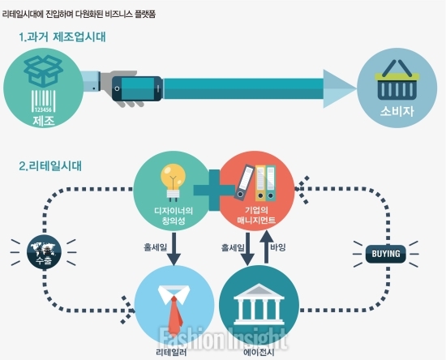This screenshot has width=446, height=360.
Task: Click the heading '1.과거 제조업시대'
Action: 62,37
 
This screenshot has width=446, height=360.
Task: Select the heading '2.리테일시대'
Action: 50,165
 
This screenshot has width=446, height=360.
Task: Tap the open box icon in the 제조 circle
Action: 43,71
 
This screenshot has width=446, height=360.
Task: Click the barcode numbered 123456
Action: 43,101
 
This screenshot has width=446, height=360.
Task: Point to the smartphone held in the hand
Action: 137,88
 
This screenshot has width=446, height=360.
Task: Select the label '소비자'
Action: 397,111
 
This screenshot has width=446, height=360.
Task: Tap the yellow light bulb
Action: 173,182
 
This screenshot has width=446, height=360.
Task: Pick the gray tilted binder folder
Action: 244,182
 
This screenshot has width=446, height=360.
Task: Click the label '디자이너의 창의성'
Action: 174,216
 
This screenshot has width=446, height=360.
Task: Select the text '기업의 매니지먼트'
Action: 256,215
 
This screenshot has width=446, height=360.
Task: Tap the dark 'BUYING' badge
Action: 386,254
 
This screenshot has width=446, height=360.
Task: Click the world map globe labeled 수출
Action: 44,252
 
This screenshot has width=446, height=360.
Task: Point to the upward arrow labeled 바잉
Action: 266,246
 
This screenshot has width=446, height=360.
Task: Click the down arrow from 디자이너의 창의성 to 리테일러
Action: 174,250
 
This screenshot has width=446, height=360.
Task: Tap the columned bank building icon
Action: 259,304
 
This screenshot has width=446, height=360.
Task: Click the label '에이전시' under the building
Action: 259,353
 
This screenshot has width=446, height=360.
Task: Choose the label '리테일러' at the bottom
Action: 171,353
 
